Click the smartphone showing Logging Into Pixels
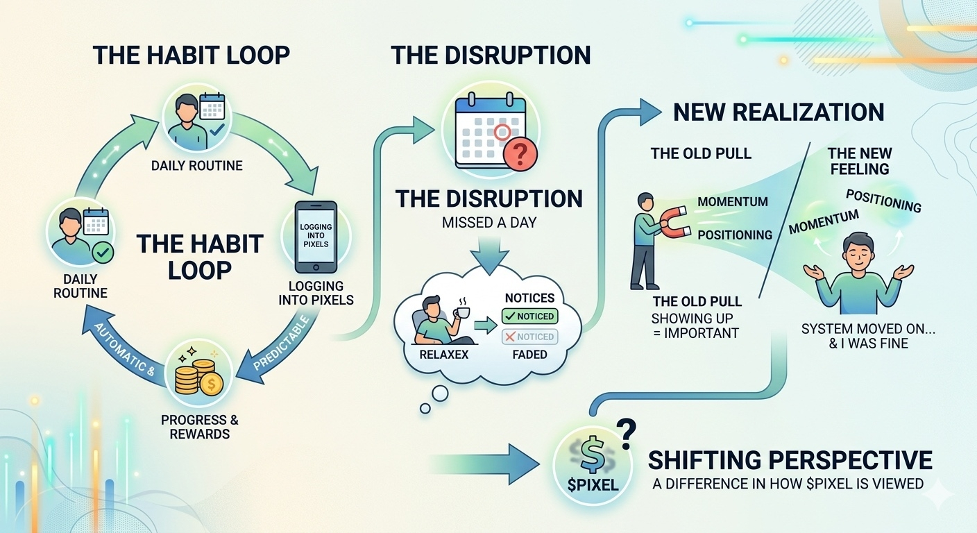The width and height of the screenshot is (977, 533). tap(316, 236)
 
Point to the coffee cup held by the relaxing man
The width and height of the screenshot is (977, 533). tap(461, 312)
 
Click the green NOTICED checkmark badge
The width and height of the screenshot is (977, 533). tap(529, 316)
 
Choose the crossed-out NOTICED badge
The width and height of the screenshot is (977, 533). tap(529, 337)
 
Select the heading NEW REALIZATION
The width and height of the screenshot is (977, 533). tap(779, 112)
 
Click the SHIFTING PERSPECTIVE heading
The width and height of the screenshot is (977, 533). tap(790, 459)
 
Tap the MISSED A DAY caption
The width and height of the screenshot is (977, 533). tap(489, 225)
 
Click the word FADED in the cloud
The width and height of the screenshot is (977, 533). tap(529, 354)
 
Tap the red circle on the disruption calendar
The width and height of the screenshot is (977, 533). tap(502, 130)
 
